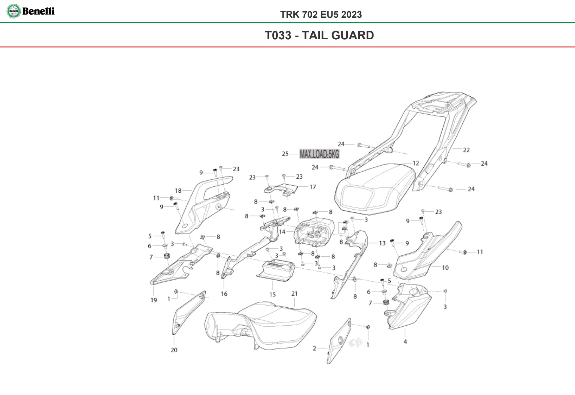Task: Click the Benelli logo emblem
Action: point(14,11)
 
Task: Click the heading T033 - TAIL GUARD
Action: point(319,35)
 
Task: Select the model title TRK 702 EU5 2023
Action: point(321,14)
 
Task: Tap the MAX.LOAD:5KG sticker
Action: point(319,154)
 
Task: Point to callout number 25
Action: point(285,154)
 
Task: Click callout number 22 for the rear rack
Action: point(466,150)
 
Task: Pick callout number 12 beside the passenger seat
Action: point(416,163)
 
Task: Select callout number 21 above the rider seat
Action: point(294,294)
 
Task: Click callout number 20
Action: point(174,350)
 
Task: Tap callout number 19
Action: point(154,300)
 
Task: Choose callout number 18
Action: point(178,191)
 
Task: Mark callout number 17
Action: point(313,187)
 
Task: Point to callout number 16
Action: point(224,294)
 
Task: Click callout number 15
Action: point(272,294)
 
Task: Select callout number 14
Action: point(282,232)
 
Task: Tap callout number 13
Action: point(382,243)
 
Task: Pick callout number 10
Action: point(445,267)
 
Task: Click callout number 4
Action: point(405,342)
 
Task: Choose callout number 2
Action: point(314,348)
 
